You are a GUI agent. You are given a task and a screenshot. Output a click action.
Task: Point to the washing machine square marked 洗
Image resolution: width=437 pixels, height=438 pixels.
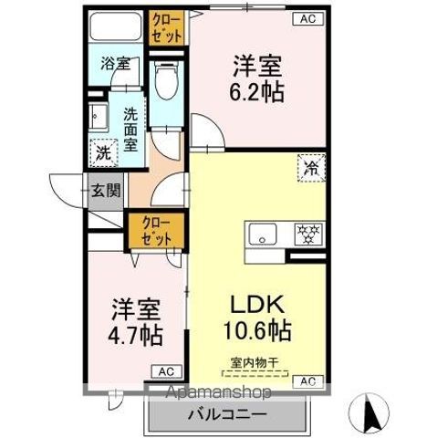coord(102,151)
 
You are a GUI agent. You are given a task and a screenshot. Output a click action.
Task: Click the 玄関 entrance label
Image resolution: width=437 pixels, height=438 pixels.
coord(106,191)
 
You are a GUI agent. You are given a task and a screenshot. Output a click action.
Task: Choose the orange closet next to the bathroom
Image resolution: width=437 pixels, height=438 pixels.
coord(166,27)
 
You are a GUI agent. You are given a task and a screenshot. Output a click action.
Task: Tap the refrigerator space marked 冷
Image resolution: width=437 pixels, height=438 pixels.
coord(309,167)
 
